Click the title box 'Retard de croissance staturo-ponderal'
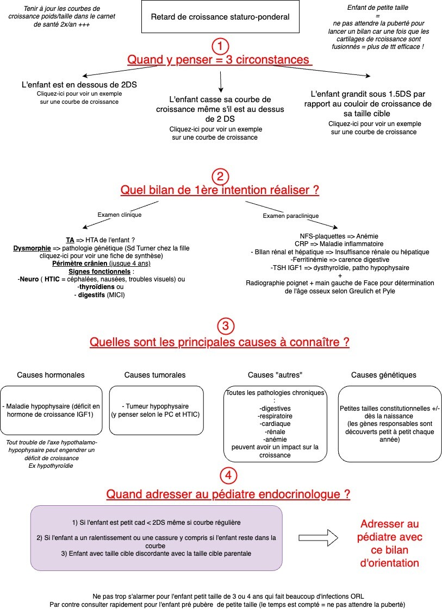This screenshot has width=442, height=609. [x=220, y=17]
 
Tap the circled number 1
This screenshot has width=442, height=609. [x=220, y=46]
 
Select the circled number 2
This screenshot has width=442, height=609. [x=220, y=177]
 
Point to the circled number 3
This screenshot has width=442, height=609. [x=226, y=326]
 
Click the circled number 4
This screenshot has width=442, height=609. [x=228, y=475]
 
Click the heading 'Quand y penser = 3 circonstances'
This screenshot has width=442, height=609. [x=220, y=60]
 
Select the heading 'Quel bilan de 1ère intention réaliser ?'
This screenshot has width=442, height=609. [x=220, y=190]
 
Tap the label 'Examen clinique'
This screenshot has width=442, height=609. [x=120, y=215]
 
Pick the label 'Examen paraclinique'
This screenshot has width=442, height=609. [x=291, y=216]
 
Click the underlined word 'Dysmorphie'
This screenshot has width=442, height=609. [x=32, y=248]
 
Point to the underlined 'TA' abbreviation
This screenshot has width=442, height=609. [x=70, y=240]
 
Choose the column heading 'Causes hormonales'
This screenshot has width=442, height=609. [x=51, y=375]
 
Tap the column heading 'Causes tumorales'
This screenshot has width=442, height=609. [x=155, y=375]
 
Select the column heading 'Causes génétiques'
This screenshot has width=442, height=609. [x=384, y=375]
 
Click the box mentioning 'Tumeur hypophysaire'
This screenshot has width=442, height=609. [x=156, y=410]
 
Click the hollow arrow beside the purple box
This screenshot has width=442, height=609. [x=319, y=537]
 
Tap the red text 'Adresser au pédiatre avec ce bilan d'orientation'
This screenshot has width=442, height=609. [x=389, y=543]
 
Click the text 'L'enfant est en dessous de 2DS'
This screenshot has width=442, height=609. [x=79, y=85]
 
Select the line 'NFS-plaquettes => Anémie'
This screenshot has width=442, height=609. [x=339, y=236]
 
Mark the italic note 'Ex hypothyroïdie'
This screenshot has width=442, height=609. [x=51, y=466]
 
